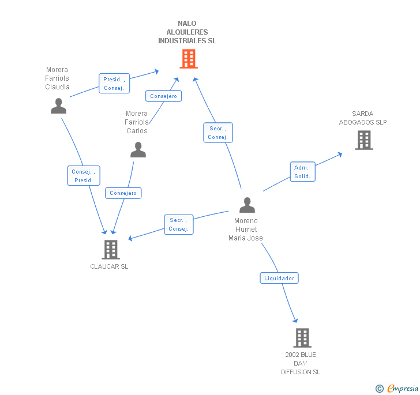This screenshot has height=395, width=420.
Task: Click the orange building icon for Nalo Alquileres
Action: (x=188, y=59)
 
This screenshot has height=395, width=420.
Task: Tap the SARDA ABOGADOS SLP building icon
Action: (x=363, y=140)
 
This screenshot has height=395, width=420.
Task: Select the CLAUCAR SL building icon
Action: (x=110, y=250)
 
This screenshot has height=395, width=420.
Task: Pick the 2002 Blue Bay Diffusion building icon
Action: (x=302, y=338)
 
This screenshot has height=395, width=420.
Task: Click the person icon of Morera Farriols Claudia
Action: (x=58, y=106)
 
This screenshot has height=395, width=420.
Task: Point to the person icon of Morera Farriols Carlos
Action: (x=138, y=150)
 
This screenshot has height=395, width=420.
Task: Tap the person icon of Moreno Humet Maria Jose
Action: (x=247, y=205)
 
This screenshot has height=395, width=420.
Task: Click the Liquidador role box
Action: (x=279, y=278)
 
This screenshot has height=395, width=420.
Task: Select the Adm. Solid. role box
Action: (x=302, y=172)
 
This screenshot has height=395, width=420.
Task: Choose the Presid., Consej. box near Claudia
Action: (x=114, y=84)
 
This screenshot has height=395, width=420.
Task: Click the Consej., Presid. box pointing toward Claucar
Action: (x=84, y=176)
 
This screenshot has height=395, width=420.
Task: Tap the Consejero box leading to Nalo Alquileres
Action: (x=163, y=96)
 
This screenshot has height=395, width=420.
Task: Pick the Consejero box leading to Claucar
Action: (x=123, y=193)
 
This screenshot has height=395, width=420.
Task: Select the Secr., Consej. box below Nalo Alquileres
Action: (x=217, y=133)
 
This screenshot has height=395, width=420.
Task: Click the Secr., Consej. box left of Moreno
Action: (x=178, y=224)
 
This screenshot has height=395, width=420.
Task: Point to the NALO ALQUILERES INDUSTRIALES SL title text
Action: (x=187, y=32)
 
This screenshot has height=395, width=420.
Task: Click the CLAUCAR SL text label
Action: (x=109, y=266)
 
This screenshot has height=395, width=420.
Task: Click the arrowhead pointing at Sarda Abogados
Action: (x=340, y=154)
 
